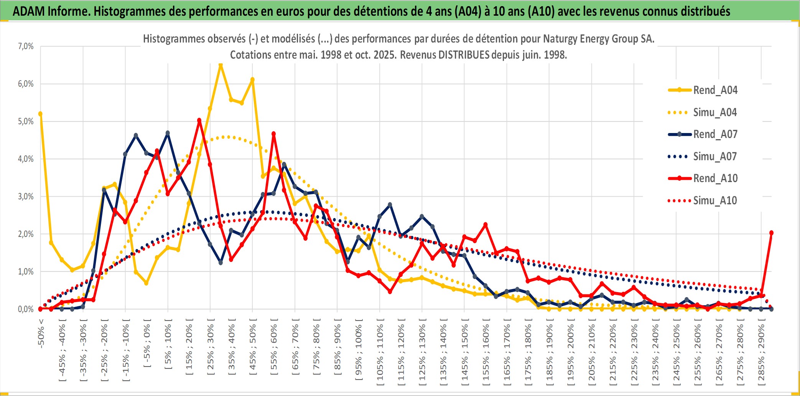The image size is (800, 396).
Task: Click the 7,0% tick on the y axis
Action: (x=26, y=46)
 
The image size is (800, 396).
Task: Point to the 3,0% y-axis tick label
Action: (x=26, y=197)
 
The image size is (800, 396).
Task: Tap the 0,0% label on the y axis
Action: (x=26, y=309)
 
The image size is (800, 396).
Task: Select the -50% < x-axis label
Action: (x=41, y=333)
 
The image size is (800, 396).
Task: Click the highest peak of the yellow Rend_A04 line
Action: (x=221, y=65)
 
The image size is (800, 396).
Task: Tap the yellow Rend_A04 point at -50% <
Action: (x=41, y=114)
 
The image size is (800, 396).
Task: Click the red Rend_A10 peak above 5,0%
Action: (x=199, y=120)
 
